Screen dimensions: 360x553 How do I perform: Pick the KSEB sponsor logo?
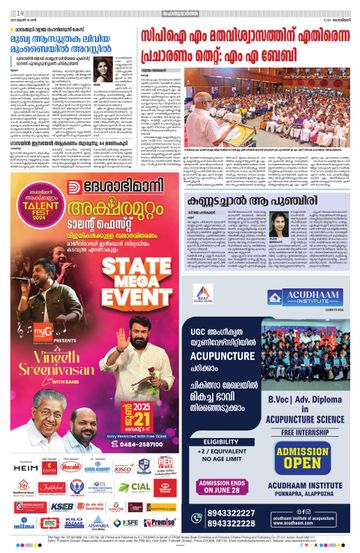[58, 506]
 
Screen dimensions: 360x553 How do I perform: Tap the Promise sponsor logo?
[160, 521]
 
